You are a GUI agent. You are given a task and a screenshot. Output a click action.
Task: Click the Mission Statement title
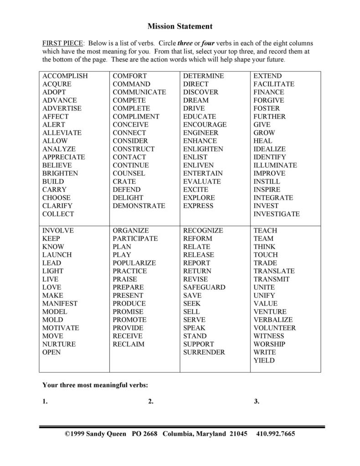(180, 26)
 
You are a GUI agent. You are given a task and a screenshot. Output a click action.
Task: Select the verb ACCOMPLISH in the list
(65, 76)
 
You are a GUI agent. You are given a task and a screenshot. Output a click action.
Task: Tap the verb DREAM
(196, 100)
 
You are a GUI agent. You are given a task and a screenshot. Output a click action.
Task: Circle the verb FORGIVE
(269, 100)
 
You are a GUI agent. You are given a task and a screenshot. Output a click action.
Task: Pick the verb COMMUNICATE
(139, 92)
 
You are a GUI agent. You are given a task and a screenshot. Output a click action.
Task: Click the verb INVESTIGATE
(277, 214)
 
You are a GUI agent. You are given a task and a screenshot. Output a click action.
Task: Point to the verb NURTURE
(59, 344)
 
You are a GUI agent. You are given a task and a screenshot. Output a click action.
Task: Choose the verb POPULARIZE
(134, 263)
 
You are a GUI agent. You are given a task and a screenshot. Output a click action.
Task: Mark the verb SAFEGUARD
(204, 287)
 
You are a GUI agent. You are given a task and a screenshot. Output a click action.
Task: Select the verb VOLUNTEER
(275, 328)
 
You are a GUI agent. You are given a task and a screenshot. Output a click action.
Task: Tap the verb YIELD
(264, 360)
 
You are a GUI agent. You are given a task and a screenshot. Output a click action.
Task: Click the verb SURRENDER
(204, 352)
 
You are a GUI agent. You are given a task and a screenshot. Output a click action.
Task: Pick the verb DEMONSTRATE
(139, 206)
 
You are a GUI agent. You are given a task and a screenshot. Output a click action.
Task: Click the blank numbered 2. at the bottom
(182, 401)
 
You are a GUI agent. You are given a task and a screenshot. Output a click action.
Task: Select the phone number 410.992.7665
(276, 434)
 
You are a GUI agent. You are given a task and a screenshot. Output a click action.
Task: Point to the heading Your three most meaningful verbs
(95, 385)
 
